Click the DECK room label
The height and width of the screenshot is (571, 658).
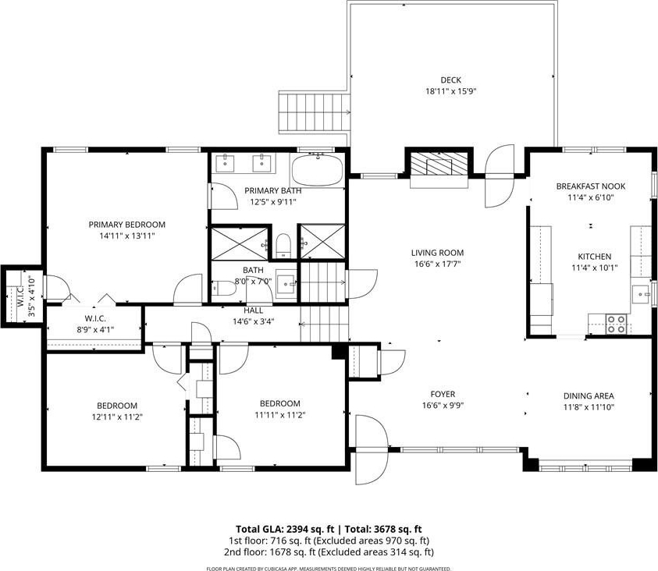[450, 80]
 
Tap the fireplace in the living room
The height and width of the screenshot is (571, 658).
[439, 164]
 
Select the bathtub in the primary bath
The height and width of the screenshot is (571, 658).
[317, 169]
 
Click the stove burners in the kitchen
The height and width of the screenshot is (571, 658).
[616, 324]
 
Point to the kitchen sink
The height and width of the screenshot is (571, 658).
[641, 293]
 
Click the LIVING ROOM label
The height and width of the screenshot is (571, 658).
[437, 253]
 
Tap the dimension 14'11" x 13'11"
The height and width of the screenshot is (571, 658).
[127, 236]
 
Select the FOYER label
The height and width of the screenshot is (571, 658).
[443, 394]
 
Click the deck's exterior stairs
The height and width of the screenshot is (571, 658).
[315, 112]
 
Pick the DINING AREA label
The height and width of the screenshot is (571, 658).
[589, 395]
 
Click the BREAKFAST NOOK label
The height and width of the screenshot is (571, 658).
[590, 186]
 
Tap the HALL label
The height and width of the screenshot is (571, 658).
[254, 310]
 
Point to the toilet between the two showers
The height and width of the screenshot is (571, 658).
[283, 245]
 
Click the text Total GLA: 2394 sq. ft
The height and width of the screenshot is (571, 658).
[283, 529]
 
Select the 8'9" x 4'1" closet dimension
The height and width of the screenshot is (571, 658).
[95, 329]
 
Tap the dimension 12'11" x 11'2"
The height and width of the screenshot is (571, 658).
[117, 417]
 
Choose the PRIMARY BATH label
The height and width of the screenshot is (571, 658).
[272, 190]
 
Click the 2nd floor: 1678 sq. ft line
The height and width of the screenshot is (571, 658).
[329, 551]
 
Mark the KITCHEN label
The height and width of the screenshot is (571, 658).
[595, 256]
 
